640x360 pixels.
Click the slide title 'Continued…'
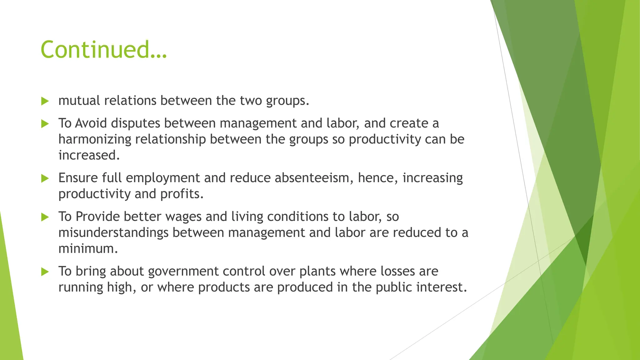104,50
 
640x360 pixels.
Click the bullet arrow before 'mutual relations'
45,101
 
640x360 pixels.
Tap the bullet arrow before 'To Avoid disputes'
45,124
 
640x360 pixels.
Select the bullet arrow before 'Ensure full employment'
45,178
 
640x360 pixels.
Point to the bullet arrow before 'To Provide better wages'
45,217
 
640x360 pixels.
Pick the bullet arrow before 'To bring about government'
45,272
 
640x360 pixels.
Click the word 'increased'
87,155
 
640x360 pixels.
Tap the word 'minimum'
87,249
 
